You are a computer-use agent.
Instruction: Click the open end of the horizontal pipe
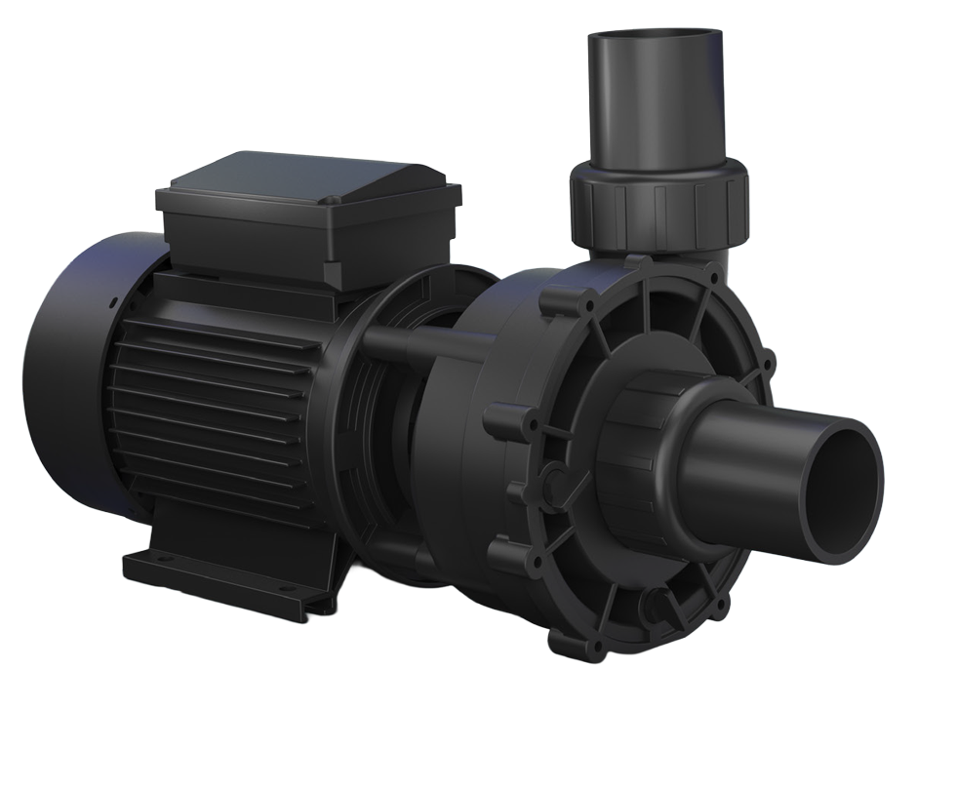click(851, 473)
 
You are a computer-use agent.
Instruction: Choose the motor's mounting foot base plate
click(224, 575)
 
